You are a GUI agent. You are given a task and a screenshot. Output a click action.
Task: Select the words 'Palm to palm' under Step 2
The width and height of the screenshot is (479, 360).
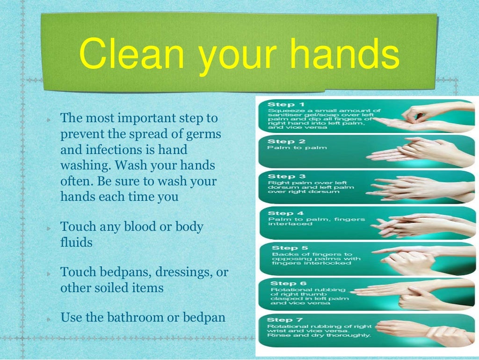point(290,148)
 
